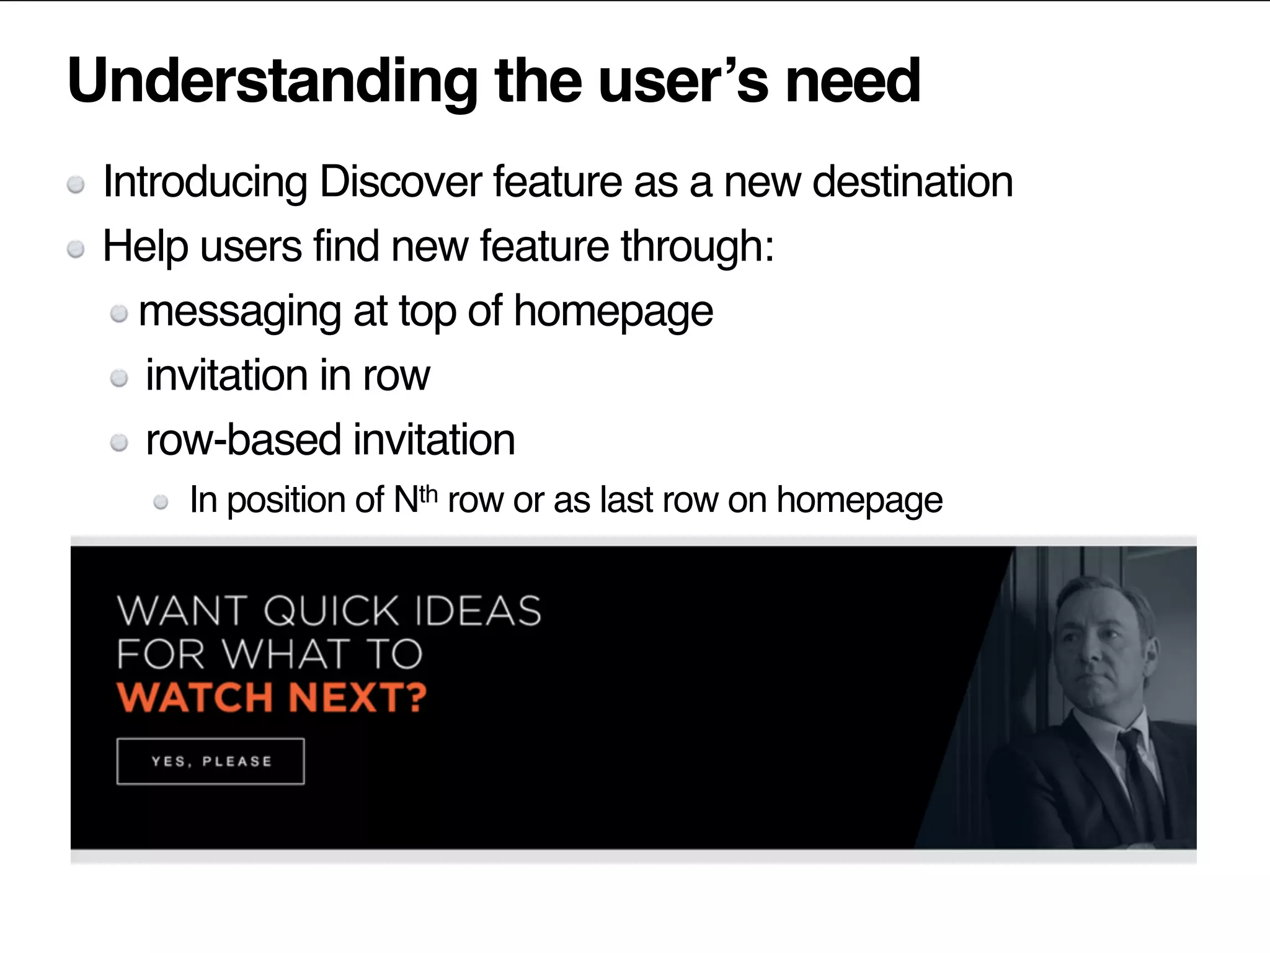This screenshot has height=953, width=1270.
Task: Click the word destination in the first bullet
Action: pos(912,182)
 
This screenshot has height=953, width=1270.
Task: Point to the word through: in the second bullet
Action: pos(698,247)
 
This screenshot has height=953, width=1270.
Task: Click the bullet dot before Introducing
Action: pos(76,185)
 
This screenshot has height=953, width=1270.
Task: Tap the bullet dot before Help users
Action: pos(76,249)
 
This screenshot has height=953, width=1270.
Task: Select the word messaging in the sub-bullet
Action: pos(239,312)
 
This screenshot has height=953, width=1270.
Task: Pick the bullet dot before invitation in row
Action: pos(119,378)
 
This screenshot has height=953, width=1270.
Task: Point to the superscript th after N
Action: pos(429,494)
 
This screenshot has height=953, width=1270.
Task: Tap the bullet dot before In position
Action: pos(161,502)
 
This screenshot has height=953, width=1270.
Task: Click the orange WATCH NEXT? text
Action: pos(272,697)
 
